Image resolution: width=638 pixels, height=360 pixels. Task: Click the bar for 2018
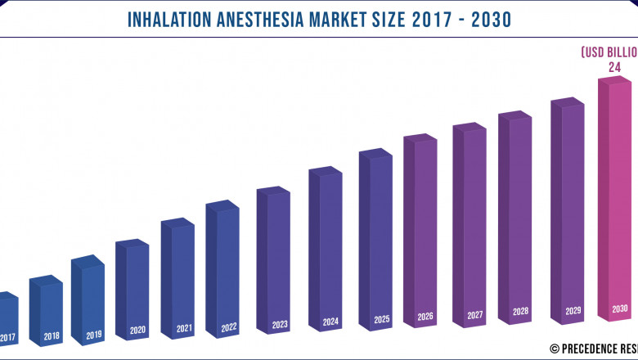pos(46,311)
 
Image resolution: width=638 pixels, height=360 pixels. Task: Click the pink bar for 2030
pos(615,200)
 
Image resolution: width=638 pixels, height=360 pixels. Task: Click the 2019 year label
pos(93,335)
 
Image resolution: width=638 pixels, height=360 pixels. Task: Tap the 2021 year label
pos(184,329)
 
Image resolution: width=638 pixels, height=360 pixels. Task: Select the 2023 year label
pos(280,325)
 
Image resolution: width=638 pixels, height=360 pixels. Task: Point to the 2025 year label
pos(380,319)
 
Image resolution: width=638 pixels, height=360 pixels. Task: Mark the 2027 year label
pos(474,315)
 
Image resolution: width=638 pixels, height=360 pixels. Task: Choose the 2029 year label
pos(573,312)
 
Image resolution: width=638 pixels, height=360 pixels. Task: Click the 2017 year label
pos(8,337)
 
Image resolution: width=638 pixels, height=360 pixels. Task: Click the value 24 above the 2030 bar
pos(614,67)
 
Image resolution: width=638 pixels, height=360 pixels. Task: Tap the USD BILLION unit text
pos(609,52)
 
